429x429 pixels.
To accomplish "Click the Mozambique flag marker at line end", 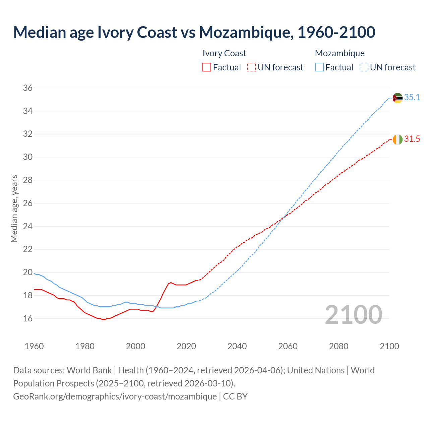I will pos(397,98).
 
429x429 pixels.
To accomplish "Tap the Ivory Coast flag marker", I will pos(397,139).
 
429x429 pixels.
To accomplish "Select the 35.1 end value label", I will pos(412,98).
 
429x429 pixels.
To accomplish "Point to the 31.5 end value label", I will pos(412,139).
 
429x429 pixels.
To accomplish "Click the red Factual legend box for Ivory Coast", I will pos(207,67).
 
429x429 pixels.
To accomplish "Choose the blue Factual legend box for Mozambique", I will pos(319,67).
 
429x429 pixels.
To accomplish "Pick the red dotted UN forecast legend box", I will pos(251,67).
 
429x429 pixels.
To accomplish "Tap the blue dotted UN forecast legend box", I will pos(364,67).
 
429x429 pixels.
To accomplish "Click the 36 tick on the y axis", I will pos(28,88).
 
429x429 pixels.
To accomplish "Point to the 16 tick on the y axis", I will pos(28,318).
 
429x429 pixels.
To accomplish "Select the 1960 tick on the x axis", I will pos(34,346).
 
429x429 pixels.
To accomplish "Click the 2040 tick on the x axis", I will pos(237,346).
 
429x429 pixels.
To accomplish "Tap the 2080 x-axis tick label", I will pos(339,346).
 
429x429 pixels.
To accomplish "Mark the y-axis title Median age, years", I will pos(14,208).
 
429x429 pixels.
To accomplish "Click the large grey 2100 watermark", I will pos(354,314).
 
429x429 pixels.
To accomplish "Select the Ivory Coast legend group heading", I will pos(224,53).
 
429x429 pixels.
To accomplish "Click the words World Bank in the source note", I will pos(89,370).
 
